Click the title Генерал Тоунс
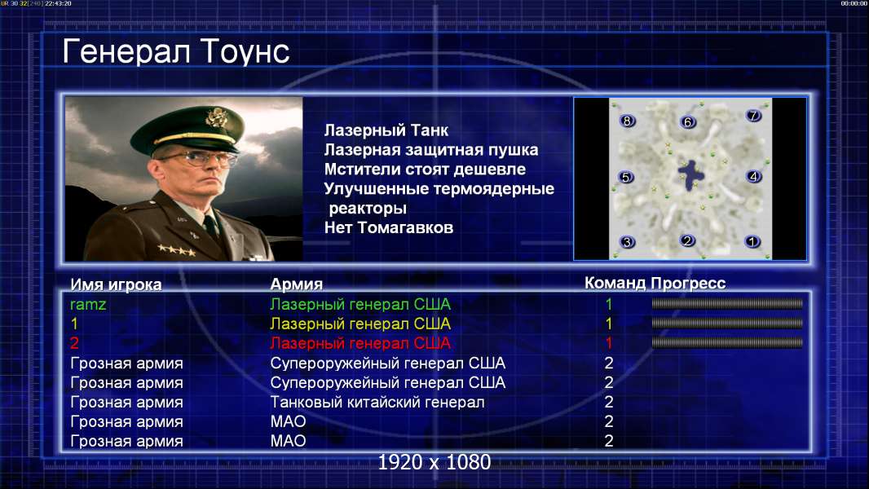pyautogui.click(x=176, y=52)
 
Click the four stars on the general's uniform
pyautogui.click(x=176, y=250)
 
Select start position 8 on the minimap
pyautogui.click(x=627, y=121)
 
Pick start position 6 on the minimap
pyautogui.click(x=688, y=121)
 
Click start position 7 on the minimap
pyautogui.click(x=753, y=115)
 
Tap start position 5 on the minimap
pyautogui.click(x=626, y=177)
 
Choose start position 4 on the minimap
pyautogui.click(x=754, y=177)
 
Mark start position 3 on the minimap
pyautogui.click(x=627, y=242)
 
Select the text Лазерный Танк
pyautogui.click(x=386, y=130)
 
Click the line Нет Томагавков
pyautogui.click(x=389, y=227)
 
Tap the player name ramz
pyautogui.click(x=88, y=305)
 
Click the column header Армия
pyautogui.click(x=296, y=284)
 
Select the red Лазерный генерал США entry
pyautogui.click(x=360, y=343)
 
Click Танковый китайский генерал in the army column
pyautogui.click(x=377, y=402)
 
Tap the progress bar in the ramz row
pyautogui.click(x=727, y=303)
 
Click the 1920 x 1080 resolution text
pyautogui.click(x=434, y=462)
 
